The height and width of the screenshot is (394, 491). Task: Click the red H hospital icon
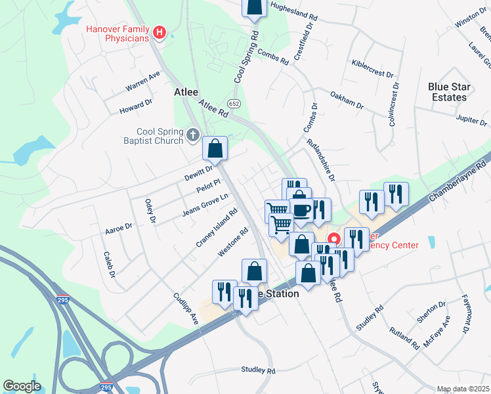coord(158,32)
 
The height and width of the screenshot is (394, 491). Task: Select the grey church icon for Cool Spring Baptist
coord(192,135)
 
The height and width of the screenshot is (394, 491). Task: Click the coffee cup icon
coord(301,210)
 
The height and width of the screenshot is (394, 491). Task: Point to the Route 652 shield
coord(234,104)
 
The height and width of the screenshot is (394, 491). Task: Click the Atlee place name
coord(186,93)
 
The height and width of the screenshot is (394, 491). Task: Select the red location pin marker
coord(333,240)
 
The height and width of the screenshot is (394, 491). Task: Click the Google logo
coord(22,386)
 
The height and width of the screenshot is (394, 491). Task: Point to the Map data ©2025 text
coord(463,389)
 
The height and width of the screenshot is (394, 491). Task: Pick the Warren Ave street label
coord(143,81)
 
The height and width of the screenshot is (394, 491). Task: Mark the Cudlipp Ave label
coord(186,309)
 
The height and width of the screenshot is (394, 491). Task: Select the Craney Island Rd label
coord(215,229)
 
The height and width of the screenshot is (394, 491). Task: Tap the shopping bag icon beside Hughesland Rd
coord(255,8)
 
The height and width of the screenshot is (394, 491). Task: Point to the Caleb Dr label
coord(109,264)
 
